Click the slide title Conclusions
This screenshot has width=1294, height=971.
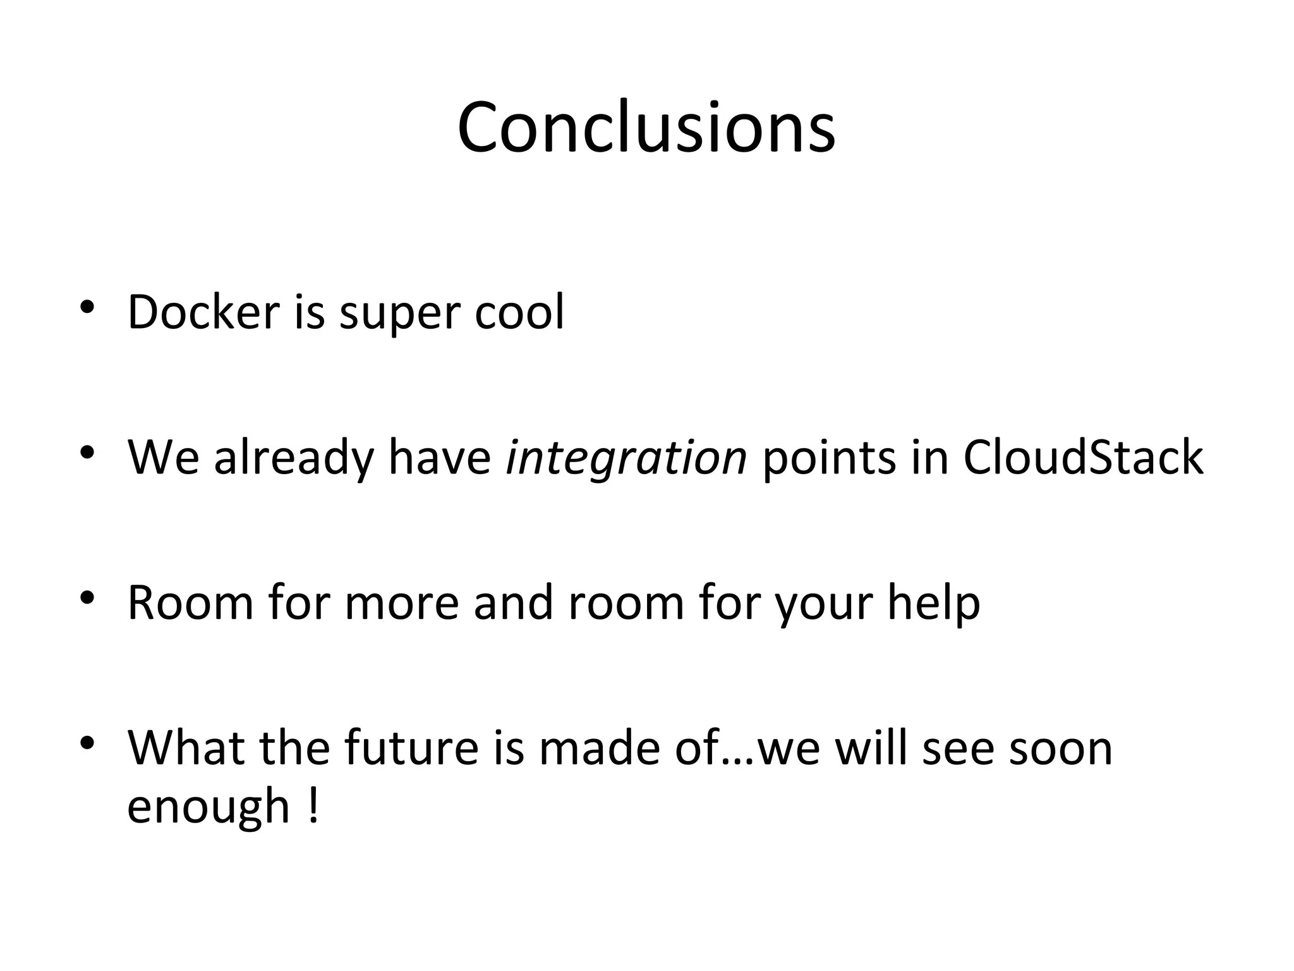(x=646, y=127)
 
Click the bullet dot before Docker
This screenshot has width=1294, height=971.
(x=87, y=307)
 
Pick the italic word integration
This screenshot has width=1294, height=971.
(x=626, y=458)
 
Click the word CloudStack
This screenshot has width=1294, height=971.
(x=1083, y=457)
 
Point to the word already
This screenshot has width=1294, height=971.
(x=294, y=459)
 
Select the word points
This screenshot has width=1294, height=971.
(x=830, y=459)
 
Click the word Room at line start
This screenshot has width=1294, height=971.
(x=190, y=602)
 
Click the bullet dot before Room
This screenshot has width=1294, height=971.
(x=87, y=597)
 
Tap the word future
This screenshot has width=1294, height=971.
(x=411, y=748)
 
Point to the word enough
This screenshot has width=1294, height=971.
(x=208, y=807)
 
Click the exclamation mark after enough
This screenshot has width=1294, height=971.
(x=313, y=805)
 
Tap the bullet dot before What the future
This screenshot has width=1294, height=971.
(x=87, y=742)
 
